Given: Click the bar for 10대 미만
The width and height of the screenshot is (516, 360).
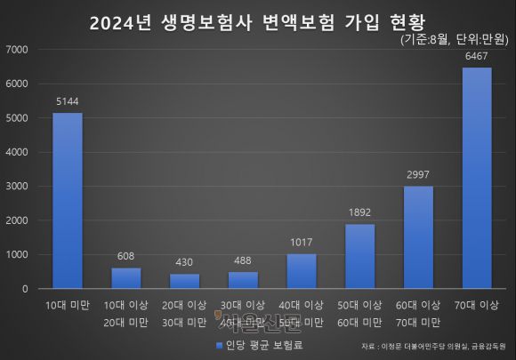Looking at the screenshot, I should (68, 201).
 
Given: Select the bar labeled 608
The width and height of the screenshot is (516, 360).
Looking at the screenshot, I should (126, 278).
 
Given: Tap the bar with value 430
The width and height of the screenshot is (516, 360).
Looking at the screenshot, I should (184, 281).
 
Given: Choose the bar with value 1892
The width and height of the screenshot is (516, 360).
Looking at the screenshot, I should (359, 256).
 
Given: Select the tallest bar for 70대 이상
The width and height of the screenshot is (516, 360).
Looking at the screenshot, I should (476, 178).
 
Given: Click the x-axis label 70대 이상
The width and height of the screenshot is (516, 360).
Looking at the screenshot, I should (476, 306).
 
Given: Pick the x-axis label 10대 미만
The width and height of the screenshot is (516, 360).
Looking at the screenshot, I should (68, 306).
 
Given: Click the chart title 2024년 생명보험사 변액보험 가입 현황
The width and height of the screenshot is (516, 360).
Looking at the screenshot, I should (258, 22).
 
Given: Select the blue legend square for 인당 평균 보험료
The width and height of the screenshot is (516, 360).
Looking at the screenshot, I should (218, 344).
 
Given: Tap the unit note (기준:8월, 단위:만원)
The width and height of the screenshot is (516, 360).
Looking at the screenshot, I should (451, 40).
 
